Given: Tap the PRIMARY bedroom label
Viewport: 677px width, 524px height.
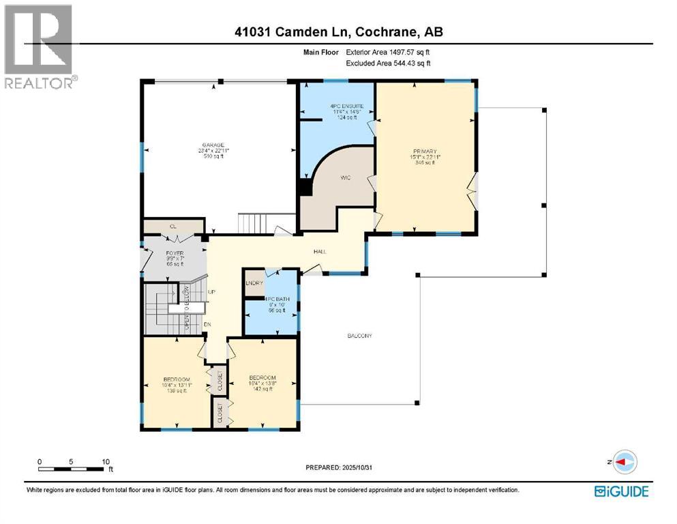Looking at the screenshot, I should (424, 151).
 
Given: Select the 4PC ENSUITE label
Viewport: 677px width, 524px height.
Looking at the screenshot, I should (337, 106).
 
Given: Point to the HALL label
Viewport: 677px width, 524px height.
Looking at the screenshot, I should (319, 252).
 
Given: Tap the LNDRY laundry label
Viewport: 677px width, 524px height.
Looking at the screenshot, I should (254, 282).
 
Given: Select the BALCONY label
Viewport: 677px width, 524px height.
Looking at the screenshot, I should (359, 336).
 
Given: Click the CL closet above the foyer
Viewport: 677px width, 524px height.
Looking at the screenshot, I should (173, 226).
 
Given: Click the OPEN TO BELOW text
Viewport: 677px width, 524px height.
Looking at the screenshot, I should (185, 309).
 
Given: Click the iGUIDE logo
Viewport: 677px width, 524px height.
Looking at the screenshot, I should (621, 491).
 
